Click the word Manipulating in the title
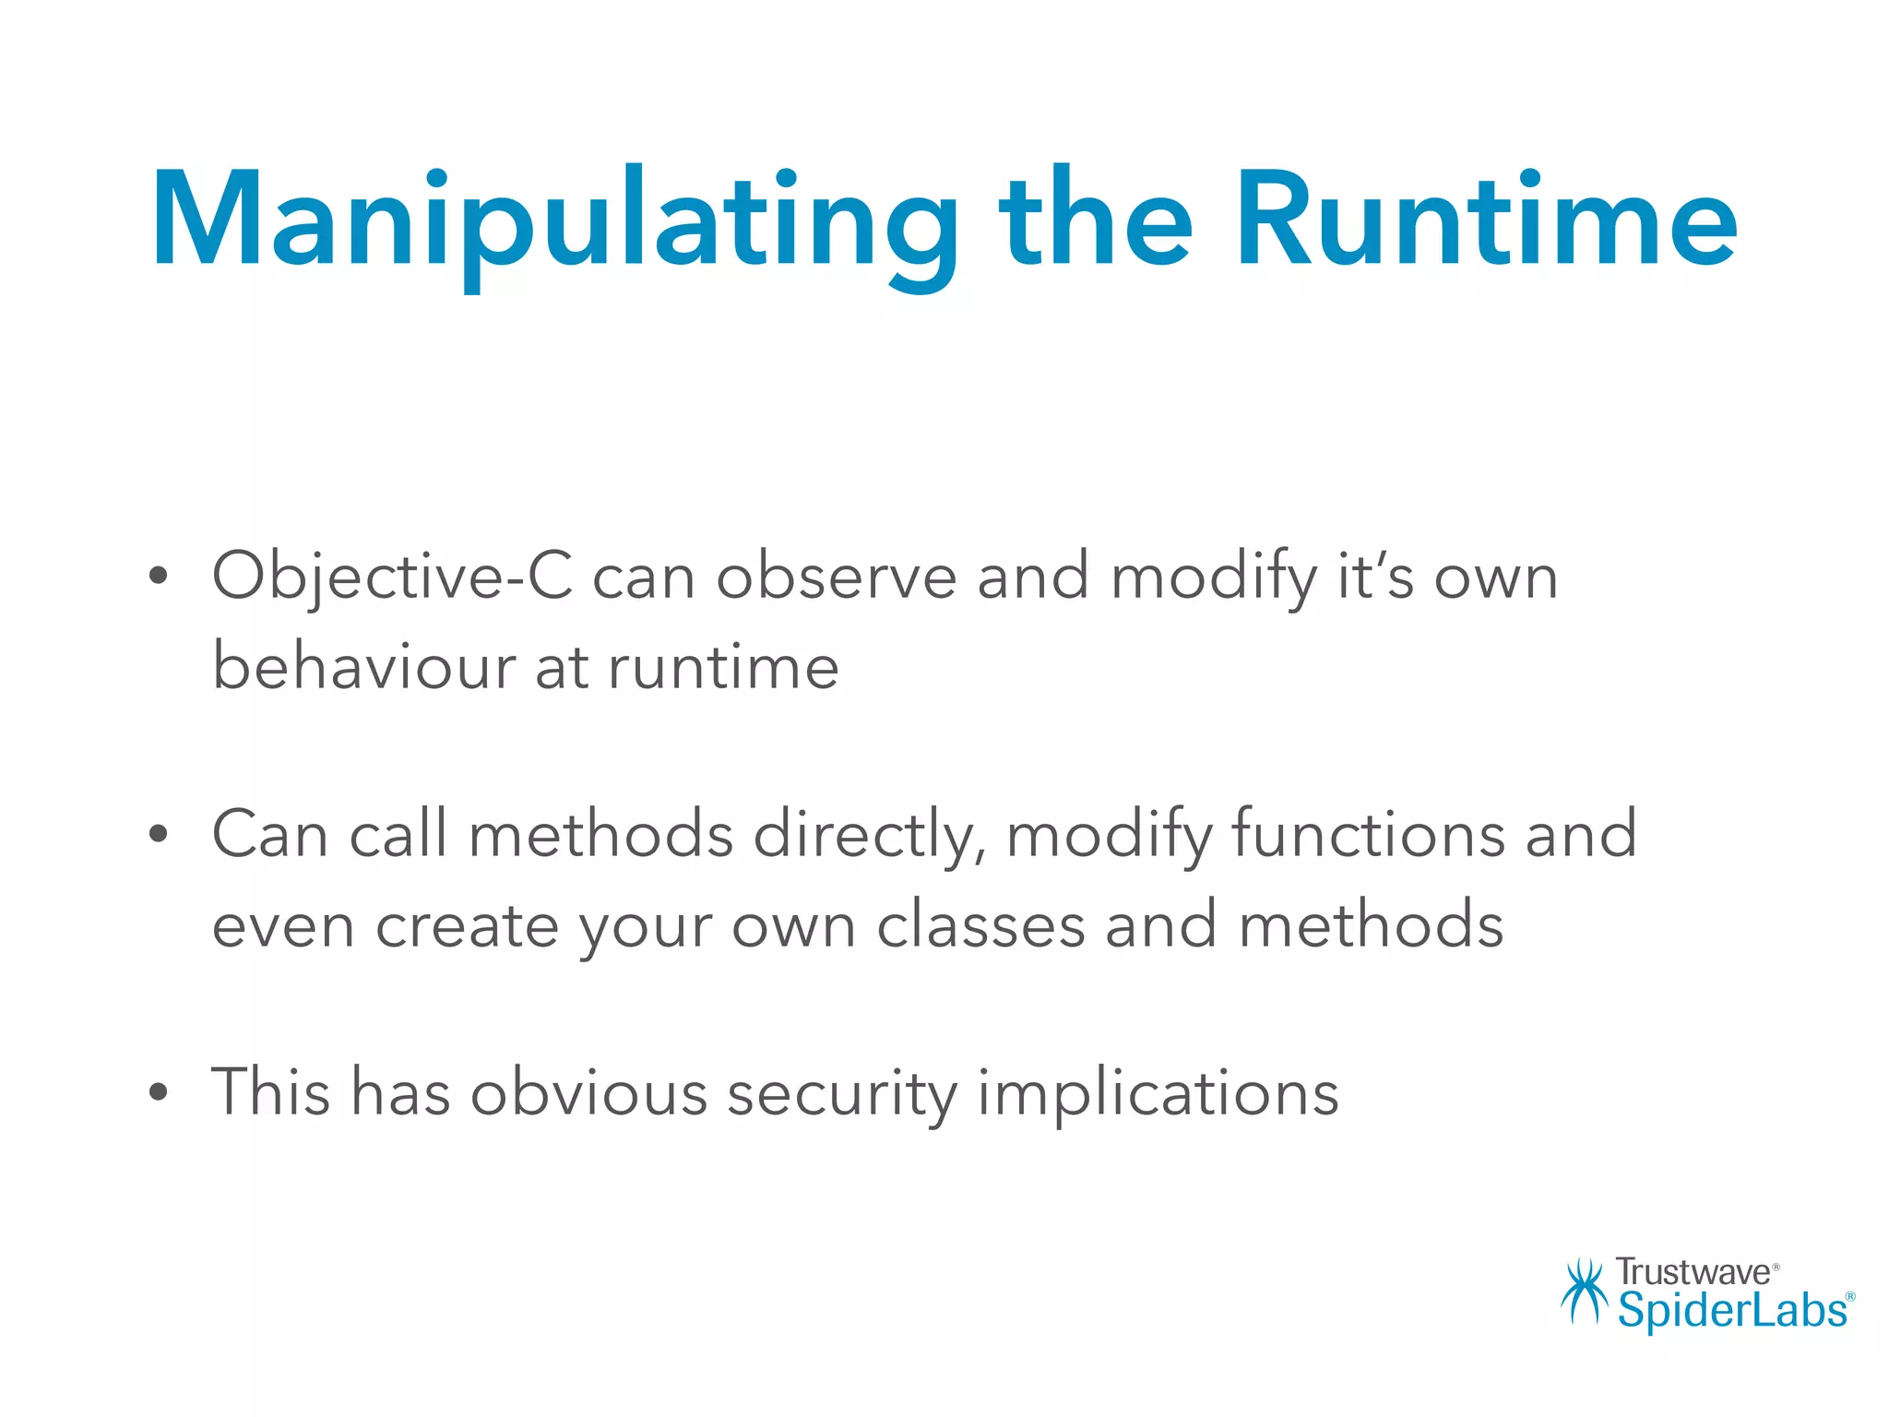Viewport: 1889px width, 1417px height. pos(553,221)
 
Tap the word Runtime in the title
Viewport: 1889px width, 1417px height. pos(1485,221)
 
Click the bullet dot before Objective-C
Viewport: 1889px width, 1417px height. pos(159,577)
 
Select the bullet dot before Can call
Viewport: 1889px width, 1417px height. pos(159,834)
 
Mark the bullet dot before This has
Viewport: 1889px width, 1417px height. pos(159,1092)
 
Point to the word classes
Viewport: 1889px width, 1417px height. pos(980,925)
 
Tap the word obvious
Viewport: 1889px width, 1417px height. pos(588,1092)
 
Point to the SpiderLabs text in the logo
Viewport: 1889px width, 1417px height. pos(1732,1310)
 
